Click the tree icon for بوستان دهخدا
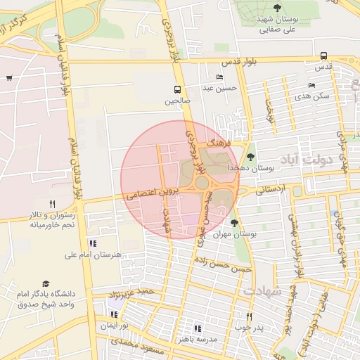[x=252, y=156]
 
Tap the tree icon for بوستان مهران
[x=234, y=224]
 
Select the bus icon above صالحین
[x=177, y=89]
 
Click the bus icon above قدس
[x=323, y=56]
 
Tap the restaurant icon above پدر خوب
[x=248, y=316]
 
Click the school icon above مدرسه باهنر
[x=197, y=328]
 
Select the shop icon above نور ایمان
[x=114, y=314]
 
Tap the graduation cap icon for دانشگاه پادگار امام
[x=46, y=283]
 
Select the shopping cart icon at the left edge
[x=8, y=78]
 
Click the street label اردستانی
[x=271, y=188]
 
